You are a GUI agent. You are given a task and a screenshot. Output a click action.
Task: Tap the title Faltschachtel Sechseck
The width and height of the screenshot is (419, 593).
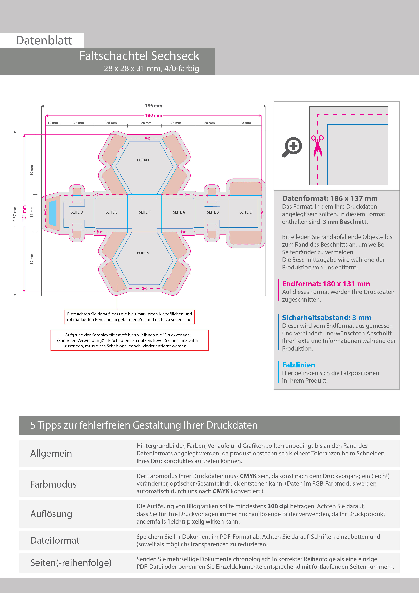[139, 56]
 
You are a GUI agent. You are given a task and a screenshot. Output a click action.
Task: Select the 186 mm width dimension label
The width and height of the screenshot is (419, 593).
[153, 106]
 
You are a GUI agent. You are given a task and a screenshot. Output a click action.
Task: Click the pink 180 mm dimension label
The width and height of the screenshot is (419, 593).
[153, 115]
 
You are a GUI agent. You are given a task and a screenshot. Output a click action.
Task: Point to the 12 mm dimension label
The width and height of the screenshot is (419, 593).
[53, 123]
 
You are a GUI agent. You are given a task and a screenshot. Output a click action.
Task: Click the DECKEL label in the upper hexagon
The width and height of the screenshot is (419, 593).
[143, 160]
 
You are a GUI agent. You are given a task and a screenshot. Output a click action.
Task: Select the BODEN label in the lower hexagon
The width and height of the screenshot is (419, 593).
[143, 253]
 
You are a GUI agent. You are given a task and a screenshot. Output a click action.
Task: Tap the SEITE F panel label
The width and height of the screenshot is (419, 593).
[144, 212]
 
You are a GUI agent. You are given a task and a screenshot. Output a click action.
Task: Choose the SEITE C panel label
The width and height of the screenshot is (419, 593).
[245, 212]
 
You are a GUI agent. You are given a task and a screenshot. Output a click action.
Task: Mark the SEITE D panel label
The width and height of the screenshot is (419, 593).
[77, 212]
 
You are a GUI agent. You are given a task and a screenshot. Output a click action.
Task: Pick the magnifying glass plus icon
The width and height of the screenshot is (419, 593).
[292, 147]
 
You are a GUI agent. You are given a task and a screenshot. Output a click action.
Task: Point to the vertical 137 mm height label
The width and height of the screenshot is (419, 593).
[15, 213]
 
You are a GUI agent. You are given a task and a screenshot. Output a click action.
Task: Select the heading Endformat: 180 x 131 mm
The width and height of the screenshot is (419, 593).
[326, 284]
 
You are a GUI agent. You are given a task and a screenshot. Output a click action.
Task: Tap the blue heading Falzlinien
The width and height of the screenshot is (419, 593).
[298, 365]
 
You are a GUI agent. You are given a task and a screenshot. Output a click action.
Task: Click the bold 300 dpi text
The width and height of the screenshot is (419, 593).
[278, 506]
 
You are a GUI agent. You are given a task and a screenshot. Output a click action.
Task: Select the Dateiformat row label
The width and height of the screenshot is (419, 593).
[55, 540]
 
